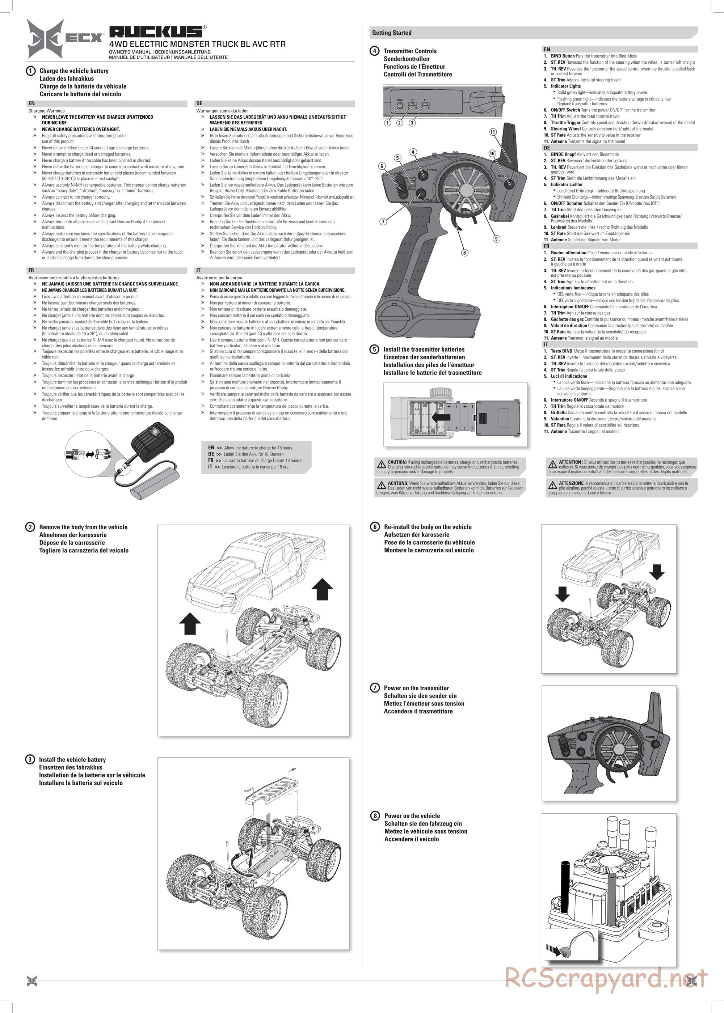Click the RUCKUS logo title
pyautogui.click(x=156, y=31)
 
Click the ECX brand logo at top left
pyautogui.click(x=65, y=39)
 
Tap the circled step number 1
pyautogui.click(x=31, y=71)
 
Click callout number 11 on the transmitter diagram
pyautogui.click(x=493, y=132)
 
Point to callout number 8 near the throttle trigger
pyautogui.click(x=464, y=253)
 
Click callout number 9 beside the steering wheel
pyautogui.click(x=496, y=239)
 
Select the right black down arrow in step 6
pyautogui.click(x=656, y=571)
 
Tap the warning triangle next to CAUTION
pyautogui.click(x=382, y=464)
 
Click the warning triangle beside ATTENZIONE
pyautogui.click(x=552, y=485)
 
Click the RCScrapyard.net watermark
pyautogui.click(x=606, y=978)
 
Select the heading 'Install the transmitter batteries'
pyautogui.click(x=424, y=349)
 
